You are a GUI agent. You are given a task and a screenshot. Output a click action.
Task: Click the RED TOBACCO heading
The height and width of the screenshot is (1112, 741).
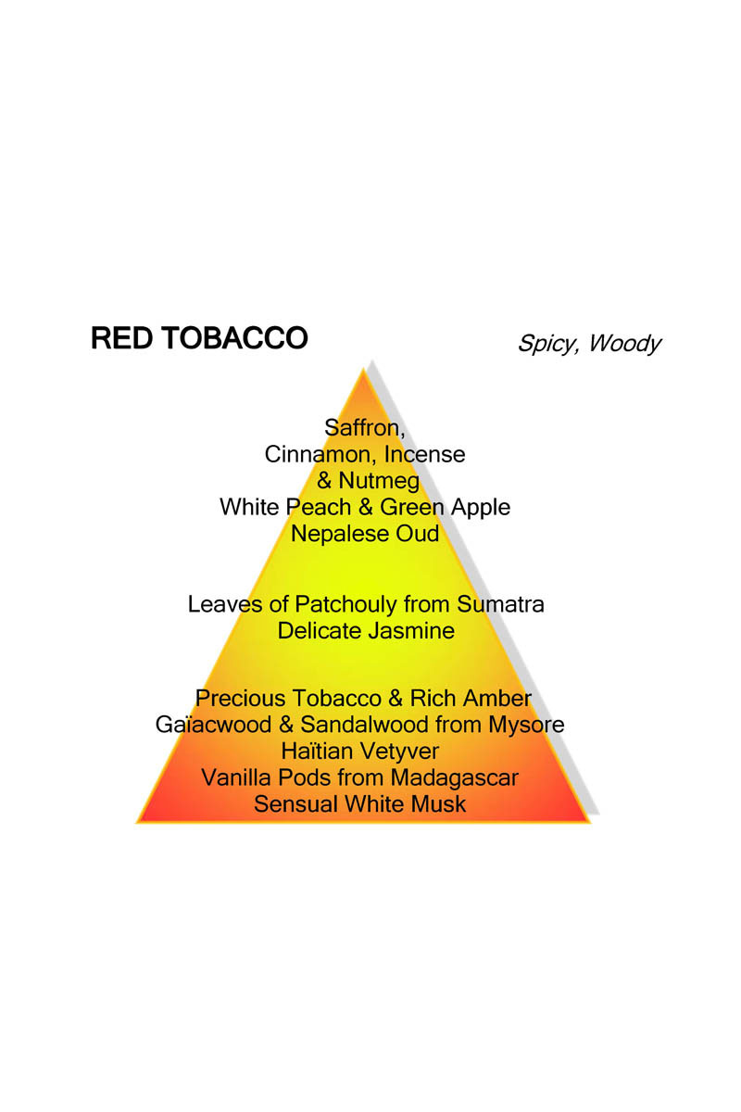tap(199, 338)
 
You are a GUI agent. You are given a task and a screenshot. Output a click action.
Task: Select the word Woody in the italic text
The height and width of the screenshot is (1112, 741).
tap(625, 344)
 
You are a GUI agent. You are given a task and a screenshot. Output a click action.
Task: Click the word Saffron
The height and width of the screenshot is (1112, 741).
tap(364, 428)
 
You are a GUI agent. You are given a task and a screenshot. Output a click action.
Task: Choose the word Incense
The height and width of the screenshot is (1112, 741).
tap(425, 454)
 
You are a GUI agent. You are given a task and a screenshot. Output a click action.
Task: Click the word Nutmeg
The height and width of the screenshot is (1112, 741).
tap(379, 481)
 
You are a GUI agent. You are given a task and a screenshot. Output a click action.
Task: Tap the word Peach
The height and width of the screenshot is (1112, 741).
tap(320, 507)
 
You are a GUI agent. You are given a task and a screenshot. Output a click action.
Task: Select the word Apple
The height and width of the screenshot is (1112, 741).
tap(480, 508)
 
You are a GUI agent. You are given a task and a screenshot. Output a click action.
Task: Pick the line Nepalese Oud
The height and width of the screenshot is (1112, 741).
tap(365, 534)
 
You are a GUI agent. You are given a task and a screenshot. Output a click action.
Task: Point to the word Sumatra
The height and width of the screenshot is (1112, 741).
tap(500, 604)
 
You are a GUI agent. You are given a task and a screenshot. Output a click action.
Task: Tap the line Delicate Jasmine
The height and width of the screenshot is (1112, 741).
tap(366, 631)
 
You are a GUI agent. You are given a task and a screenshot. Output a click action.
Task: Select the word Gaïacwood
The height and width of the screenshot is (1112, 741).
tap(213, 725)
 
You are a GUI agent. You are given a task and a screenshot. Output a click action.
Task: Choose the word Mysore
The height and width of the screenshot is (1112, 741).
tap(526, 726)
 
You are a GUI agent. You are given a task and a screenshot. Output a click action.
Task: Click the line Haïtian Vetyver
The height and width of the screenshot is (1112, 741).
tap(359, 752)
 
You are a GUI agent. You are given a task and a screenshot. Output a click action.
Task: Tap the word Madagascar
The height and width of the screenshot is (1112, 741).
tap(454, 778)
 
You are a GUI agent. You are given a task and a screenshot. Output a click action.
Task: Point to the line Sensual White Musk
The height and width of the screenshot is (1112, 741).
tap(359, 804)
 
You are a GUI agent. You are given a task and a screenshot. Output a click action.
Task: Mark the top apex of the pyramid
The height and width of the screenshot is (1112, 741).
tap(363, 369)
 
